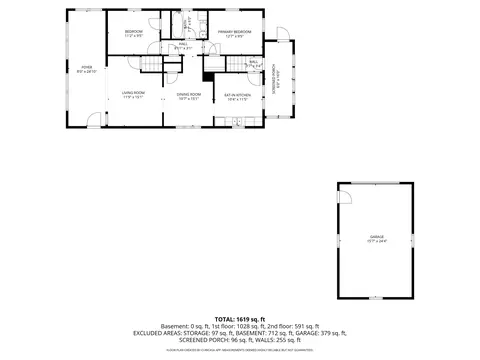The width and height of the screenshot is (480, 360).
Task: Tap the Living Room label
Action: (134, 96)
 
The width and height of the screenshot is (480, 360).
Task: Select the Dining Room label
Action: (188, 96)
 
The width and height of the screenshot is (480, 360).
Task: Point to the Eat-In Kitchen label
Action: (237, 96)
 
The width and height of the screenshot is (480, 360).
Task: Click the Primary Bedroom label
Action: (234, 34)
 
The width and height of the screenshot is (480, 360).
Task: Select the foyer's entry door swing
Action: (94, 120)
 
